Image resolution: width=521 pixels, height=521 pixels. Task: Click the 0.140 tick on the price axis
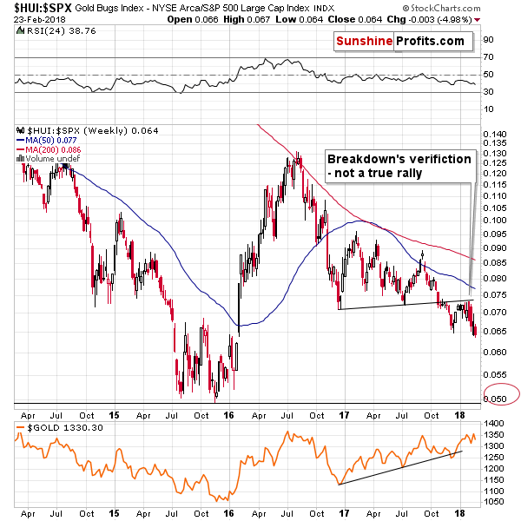496,134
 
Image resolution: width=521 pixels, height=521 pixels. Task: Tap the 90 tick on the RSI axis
488,40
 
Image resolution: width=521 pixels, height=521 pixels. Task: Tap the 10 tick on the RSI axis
488,109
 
